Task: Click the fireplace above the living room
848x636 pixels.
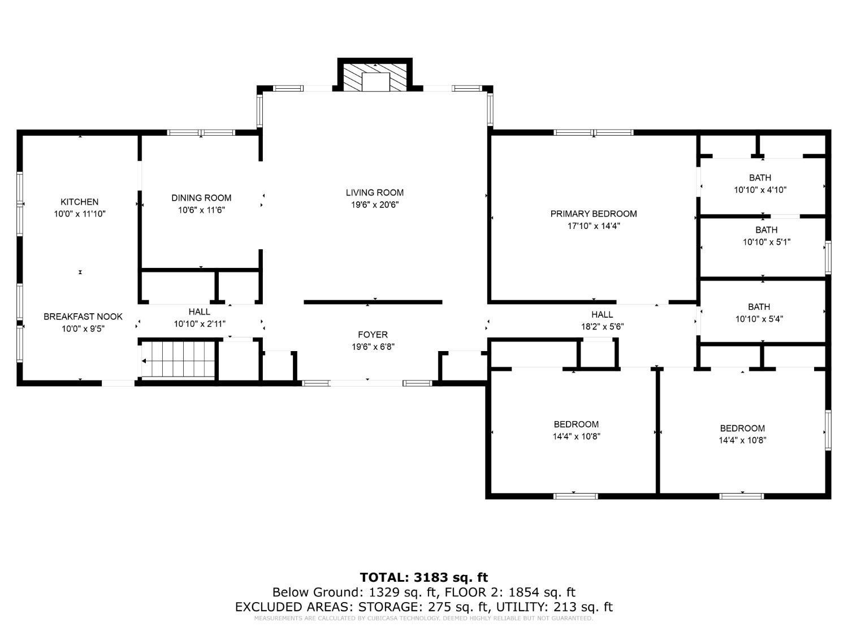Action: [375, 77]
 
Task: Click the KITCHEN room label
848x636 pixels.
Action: [80, 202]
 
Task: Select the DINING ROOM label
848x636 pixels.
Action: [201, 198]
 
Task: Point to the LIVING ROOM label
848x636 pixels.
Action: [375, 193]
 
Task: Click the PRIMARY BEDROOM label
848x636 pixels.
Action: [594, 214]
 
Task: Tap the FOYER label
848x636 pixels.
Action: [373, 335]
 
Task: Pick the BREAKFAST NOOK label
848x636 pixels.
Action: [83, 317]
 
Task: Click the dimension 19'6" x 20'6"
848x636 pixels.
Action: [375, 205]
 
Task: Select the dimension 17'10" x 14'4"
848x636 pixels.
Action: [594, 226]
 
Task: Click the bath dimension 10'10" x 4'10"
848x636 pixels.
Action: [760, 191]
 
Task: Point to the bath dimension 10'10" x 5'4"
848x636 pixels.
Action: [759, 319]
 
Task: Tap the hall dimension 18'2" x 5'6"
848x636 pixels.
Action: [602, 327]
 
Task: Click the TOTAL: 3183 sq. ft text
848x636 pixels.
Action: [423, 577]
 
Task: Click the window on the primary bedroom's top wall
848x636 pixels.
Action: [593, 133]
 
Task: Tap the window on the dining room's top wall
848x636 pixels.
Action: [201, 133]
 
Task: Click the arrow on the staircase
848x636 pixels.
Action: [146, 361]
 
